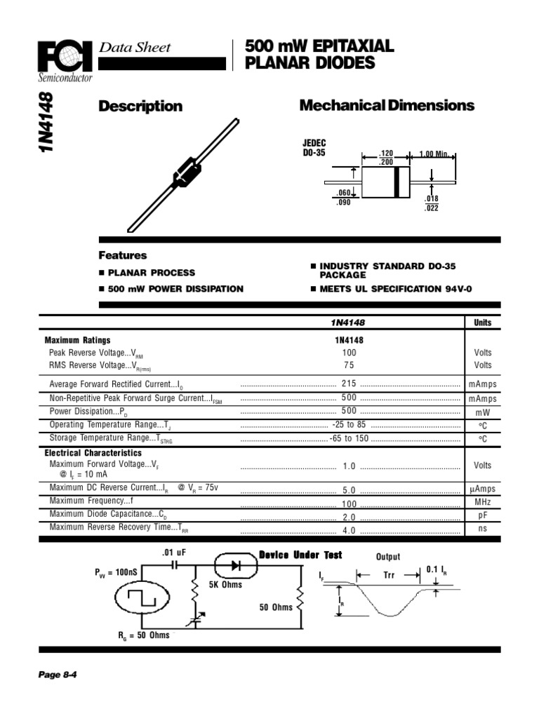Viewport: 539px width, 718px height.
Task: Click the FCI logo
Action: tap(64, 58)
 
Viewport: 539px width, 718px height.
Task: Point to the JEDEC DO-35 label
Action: tap(314, 148)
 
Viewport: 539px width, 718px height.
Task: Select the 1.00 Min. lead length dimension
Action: tap(434, 154)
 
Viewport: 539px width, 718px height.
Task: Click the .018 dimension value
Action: tap(432, 199)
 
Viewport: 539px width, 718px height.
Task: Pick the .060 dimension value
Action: tap(342, 194)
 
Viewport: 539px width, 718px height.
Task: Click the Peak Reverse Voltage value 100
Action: tap(349, 353)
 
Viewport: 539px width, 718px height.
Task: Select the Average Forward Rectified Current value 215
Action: tap(349, 384)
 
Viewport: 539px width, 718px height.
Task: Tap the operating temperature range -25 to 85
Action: tap(349, 425)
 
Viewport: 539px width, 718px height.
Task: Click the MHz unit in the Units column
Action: tap(482, 503)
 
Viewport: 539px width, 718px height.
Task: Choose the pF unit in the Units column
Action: tap(482, 516)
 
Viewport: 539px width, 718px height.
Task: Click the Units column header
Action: tap(482, 323)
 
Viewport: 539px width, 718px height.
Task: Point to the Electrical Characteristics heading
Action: tap(93, 453)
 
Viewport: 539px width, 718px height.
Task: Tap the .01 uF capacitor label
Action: tap(173, 553)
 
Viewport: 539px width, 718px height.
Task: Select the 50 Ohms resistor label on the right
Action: tap(276, 607)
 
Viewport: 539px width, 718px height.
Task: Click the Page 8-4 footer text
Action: tap(57, 675)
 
